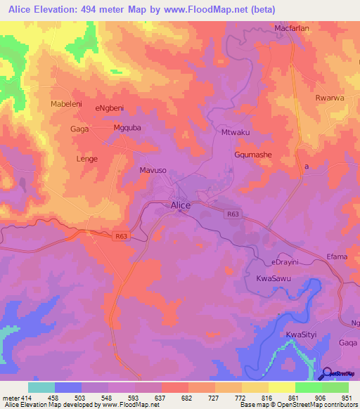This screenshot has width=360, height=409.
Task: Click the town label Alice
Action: pyautogui.click(x=181, y=204)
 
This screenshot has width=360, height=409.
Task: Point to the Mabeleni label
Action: pyautogui.click(x=67, y=104)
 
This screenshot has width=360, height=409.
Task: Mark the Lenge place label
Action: pyautogui.click(x=86, y=159)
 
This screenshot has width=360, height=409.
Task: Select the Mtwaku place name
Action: pyautogui.click(x=236, y=132)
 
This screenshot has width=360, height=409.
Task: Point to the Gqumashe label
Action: pyautogui.click(x=252, y=154)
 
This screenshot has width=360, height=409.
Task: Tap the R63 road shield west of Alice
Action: pyautogui.click(x=121, y=238)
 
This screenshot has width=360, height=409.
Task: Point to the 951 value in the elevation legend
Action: pyautogui.click(x=346, y=398)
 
